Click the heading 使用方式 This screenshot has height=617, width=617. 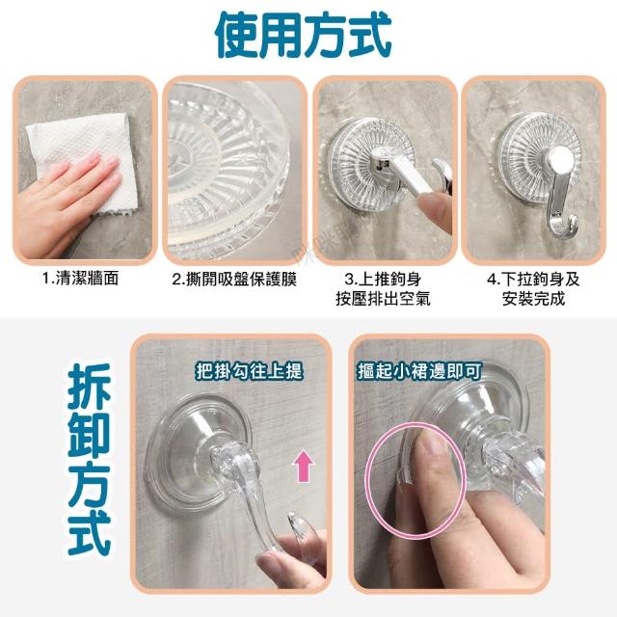click(304, 36)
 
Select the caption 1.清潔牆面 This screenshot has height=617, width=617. click(81, 279)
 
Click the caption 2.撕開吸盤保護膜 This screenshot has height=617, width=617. click(234, 279)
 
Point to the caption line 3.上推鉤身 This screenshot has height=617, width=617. click(383, 279)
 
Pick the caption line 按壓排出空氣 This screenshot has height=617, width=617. click(383, 298)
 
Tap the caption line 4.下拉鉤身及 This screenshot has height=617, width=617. click(533, 279)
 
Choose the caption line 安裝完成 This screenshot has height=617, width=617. click(533, 298)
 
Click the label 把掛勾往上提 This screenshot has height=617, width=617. click(250, 370)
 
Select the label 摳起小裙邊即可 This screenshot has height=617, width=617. click(419, 370)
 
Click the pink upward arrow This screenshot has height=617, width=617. click(304, 467)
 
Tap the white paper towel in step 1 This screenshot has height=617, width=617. click(83, 157)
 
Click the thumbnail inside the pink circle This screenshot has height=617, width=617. click(432, 447)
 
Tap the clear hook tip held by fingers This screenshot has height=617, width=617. click(298, 524)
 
